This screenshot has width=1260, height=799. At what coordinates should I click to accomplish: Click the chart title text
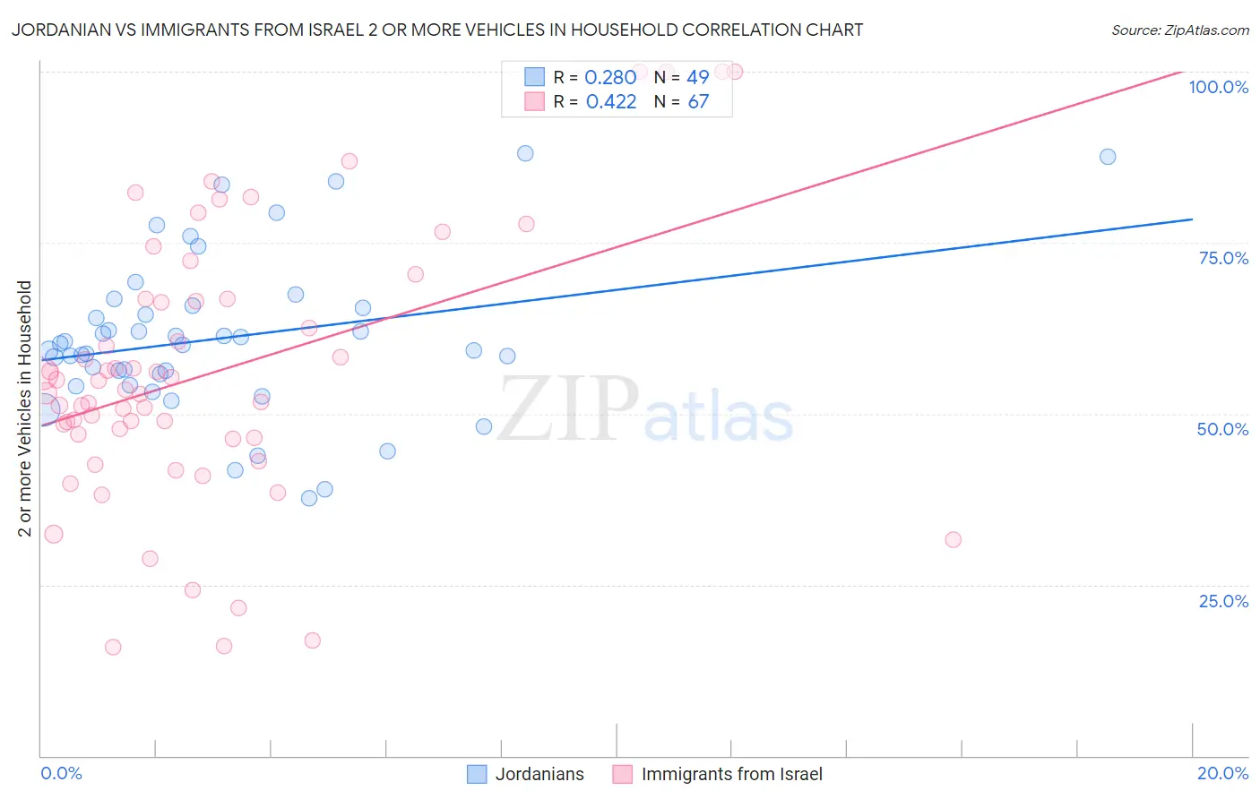(437, 30)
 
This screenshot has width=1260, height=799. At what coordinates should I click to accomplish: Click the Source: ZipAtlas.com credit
(1179, 30)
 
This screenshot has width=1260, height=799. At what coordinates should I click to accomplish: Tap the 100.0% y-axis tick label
(1218, 87)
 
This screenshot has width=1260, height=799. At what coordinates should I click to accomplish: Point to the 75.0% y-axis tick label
(1223, 258)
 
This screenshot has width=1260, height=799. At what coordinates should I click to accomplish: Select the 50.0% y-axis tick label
(1222, 429)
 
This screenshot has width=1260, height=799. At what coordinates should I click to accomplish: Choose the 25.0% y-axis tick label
(1223, 601)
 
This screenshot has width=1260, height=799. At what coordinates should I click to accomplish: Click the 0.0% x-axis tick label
(61, 773)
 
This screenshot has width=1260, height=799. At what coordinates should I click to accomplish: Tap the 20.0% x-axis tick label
(1222, 773)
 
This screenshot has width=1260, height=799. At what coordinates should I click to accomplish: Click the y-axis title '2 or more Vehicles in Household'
(25, 408)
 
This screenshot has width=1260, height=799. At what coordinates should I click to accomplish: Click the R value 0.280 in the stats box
(610, 78)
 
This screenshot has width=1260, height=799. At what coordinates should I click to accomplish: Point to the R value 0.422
(610, 102)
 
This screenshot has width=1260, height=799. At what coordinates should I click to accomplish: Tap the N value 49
(698, 78)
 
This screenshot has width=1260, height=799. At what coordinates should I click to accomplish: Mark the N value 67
(698, 102)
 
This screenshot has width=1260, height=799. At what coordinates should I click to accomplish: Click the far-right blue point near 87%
(1108, 157)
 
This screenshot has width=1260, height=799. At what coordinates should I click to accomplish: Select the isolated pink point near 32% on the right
(953, 539)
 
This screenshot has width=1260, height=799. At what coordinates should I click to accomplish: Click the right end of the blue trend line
(1192, 219)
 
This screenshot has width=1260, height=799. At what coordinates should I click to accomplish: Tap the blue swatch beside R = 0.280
(534, 77)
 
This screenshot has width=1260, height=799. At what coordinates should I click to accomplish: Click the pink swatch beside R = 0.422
(534, 101)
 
